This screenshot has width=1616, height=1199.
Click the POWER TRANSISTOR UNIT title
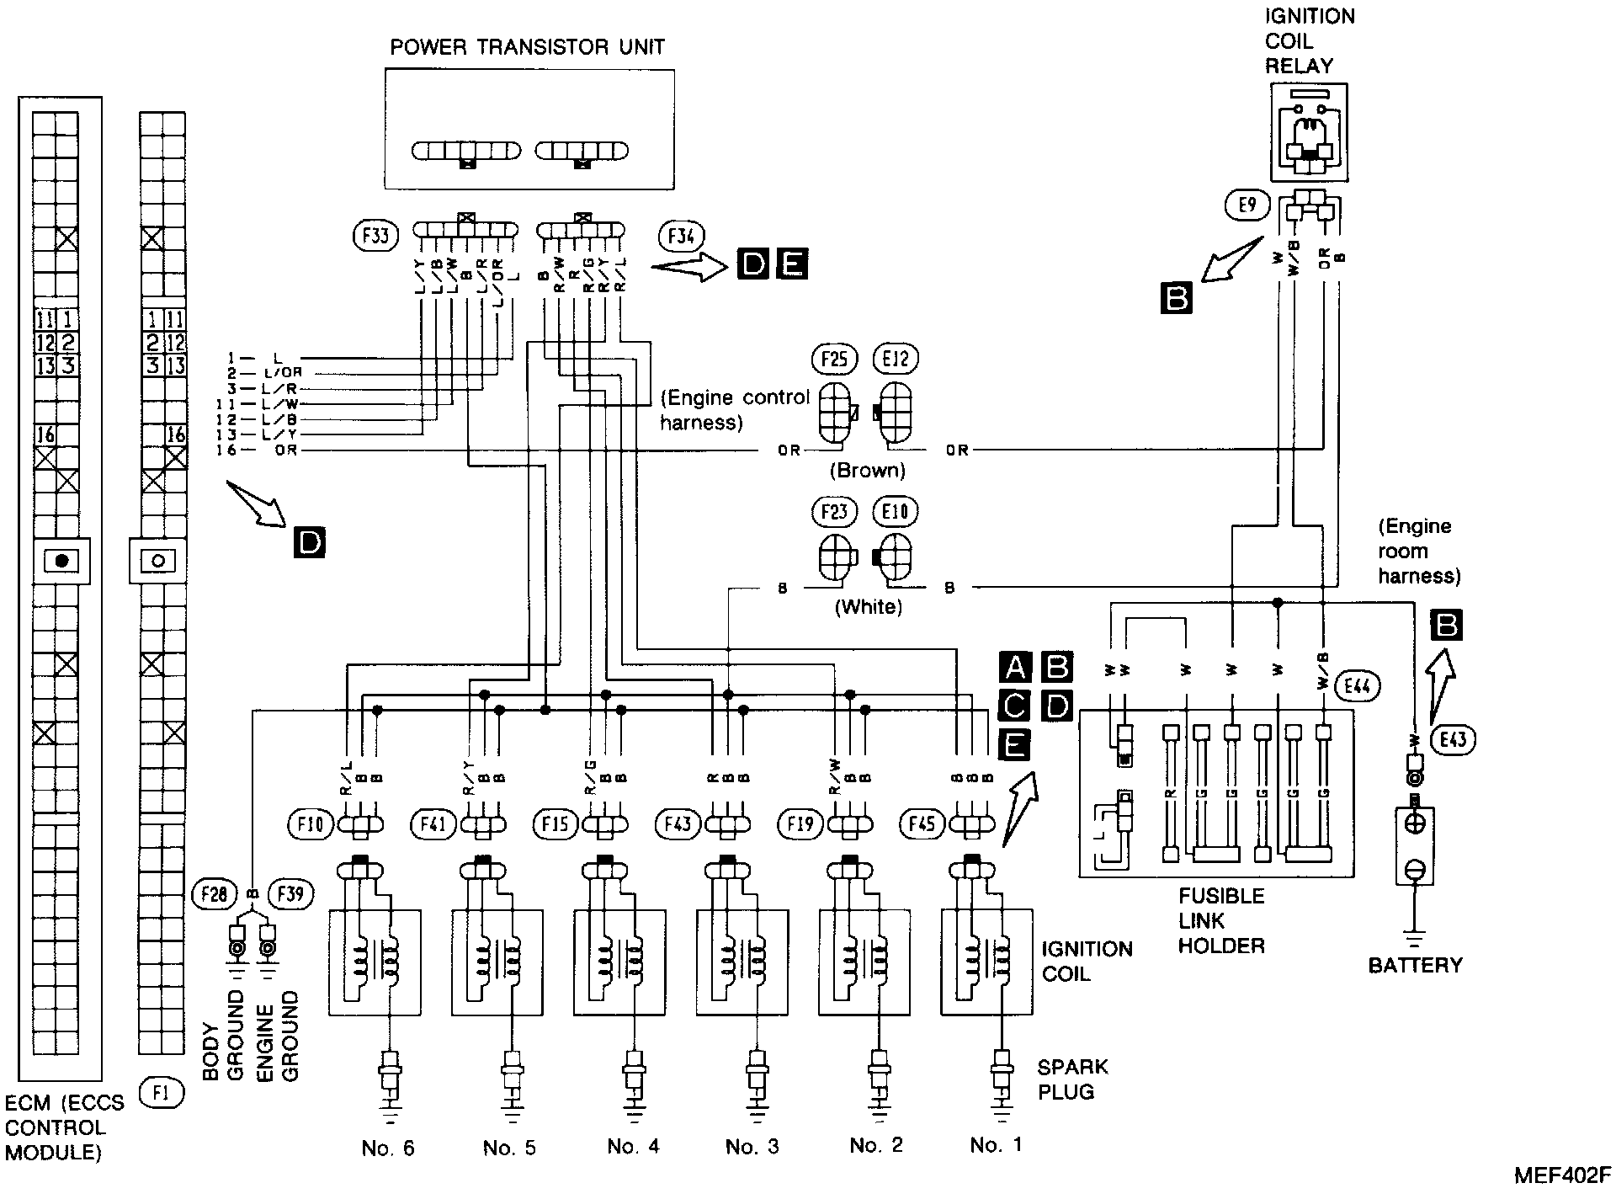(527, 47)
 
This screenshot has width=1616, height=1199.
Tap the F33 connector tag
(375, 236)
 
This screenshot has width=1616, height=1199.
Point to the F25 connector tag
(834, 360)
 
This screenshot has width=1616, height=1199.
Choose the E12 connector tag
(896, 360)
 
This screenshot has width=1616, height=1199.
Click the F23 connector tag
(834, 512)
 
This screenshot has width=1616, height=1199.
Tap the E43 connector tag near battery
(1453, 739)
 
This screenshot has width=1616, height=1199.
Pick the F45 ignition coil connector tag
(922, 823)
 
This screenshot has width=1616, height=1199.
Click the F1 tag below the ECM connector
(161, 1093)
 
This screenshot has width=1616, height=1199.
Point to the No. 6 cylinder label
(388, 1148)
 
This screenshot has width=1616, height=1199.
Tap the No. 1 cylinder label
(997, 1145)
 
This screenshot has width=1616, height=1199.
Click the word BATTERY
(1415, 965)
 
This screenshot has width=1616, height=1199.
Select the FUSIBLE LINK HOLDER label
(1221, 920)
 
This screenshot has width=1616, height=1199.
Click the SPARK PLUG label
(1071, 1079)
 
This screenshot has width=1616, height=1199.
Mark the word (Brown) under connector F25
(868, 471)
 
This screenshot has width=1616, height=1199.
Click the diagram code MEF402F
(1562, 1176)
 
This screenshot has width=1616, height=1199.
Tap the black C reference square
(1015, 705)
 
